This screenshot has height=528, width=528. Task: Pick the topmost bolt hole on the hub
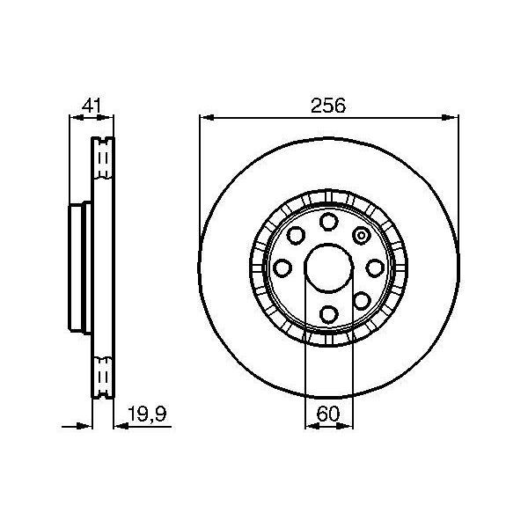coord(328,221)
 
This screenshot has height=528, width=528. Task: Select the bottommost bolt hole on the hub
coord(328,313)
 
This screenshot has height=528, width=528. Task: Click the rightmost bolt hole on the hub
coord(375,268)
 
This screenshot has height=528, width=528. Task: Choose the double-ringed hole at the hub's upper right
coord(361,235)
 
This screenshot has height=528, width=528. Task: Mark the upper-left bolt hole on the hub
coord(295,235)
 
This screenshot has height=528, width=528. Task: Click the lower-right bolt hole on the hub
coord(361,300)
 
